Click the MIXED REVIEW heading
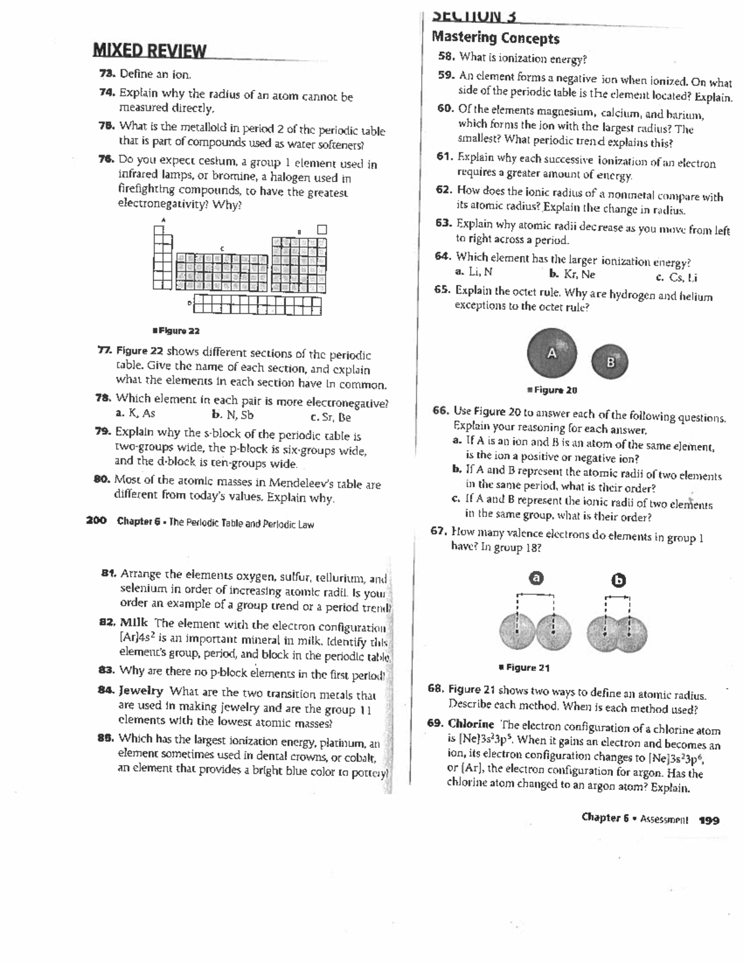[x=149, y=51]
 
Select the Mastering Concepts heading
[x=495, y=38]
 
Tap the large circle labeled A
[x=552, y=352]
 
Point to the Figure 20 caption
[x=552, y=390]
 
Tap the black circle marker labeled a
[x=537, y=578]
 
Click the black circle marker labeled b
[x=619, y=580]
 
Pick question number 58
[x=446, y=56]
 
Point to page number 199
[x=709, y=820]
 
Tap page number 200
[x=97, y=521]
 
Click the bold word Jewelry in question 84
[x=141, y=690]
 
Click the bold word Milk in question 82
[x=134, y=623]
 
